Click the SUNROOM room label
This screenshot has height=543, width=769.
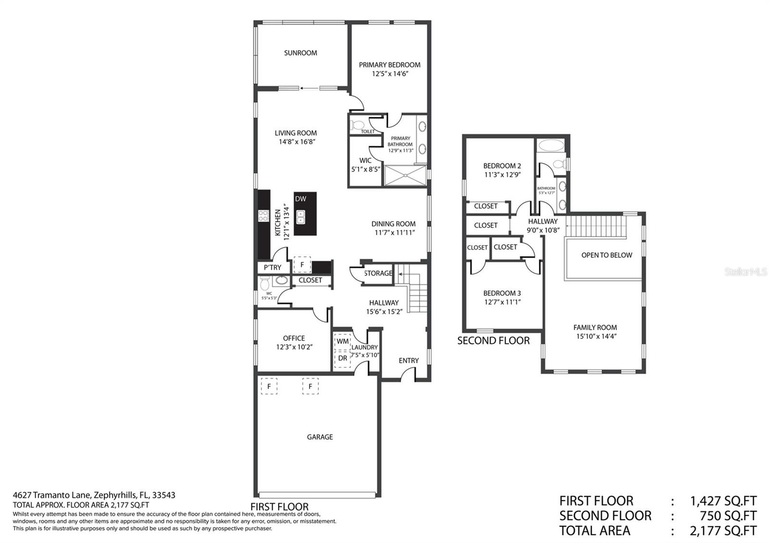coord(300,53)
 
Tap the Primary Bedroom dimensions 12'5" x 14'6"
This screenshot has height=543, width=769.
coord(390,74)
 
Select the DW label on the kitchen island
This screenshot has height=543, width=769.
coord(300,199)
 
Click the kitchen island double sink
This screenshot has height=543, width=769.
coord(301,217)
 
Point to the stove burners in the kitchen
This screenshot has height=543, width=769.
coord(263,216)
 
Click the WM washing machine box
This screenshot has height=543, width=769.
coord(343,342)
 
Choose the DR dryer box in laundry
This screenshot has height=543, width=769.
coord(343,359)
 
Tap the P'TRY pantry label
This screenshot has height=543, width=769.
coord(273,267)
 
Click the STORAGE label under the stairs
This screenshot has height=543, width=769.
coord(378,273)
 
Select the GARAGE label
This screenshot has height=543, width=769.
coord(320,437)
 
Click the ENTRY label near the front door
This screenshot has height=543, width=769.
coord(409,360)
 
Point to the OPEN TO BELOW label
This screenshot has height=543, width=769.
coord(607,255)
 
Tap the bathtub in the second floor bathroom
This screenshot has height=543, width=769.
coord(551,145)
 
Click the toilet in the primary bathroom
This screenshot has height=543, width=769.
coord(357,125)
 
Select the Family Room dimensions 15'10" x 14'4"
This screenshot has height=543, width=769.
coord(596,336)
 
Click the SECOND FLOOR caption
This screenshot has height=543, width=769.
coord(493,341)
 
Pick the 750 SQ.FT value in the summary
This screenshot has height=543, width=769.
coord(728,516)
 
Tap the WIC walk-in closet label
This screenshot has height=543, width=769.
coord(365,160)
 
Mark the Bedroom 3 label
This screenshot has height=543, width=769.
coord(502,293)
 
